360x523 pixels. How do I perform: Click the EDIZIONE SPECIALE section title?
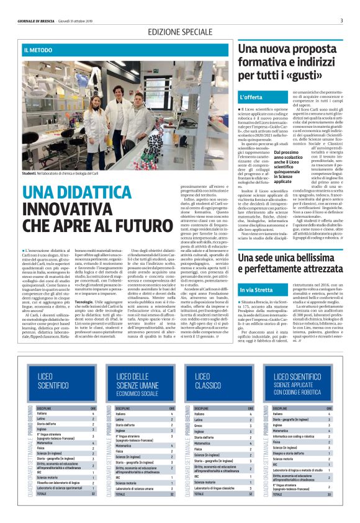(x=179, y=32)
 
